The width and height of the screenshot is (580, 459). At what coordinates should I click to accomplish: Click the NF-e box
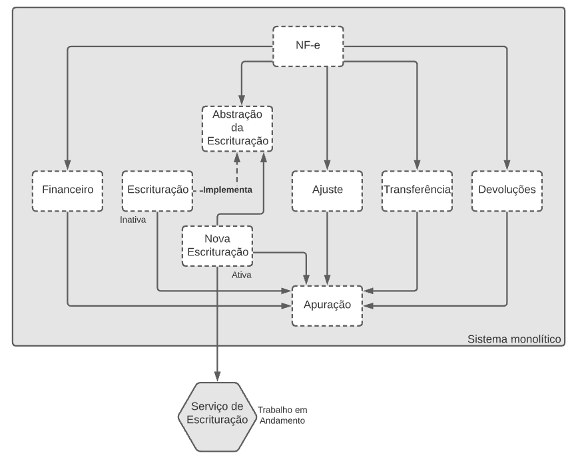point(308,46)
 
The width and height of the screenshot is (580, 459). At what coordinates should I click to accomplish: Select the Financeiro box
point(67,191)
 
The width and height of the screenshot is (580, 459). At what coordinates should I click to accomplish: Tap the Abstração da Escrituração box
point(237,128)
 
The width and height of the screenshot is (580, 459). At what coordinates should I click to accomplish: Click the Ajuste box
point(327,191)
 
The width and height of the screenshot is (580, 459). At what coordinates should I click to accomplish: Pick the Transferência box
point(417,191)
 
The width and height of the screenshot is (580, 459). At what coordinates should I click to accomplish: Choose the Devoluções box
point(507,191)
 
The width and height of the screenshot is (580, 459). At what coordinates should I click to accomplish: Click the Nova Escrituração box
point(217,245)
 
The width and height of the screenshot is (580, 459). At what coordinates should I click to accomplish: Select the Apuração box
point(327,305)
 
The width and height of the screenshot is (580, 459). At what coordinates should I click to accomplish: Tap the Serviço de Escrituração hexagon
point(217,416)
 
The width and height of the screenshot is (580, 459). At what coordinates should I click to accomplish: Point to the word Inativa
point(133,220)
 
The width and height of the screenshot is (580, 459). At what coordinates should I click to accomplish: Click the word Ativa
point(242,275)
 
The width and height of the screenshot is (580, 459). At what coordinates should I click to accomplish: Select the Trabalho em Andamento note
point(282,415)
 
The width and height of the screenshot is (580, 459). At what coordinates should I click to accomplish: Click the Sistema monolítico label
point(514,339)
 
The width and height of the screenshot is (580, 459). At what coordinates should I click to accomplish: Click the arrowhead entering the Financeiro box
point(67,165)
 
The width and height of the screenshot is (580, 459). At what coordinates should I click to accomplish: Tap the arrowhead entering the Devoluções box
point(507,165)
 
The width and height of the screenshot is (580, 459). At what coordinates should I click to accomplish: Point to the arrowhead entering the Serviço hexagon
point(217,377)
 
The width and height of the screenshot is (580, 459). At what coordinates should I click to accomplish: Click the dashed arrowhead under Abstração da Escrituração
point(237,158)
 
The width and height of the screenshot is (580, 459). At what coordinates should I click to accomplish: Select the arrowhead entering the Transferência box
point(417,165)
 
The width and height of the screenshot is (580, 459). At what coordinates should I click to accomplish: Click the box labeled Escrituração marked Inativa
point(157,191)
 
